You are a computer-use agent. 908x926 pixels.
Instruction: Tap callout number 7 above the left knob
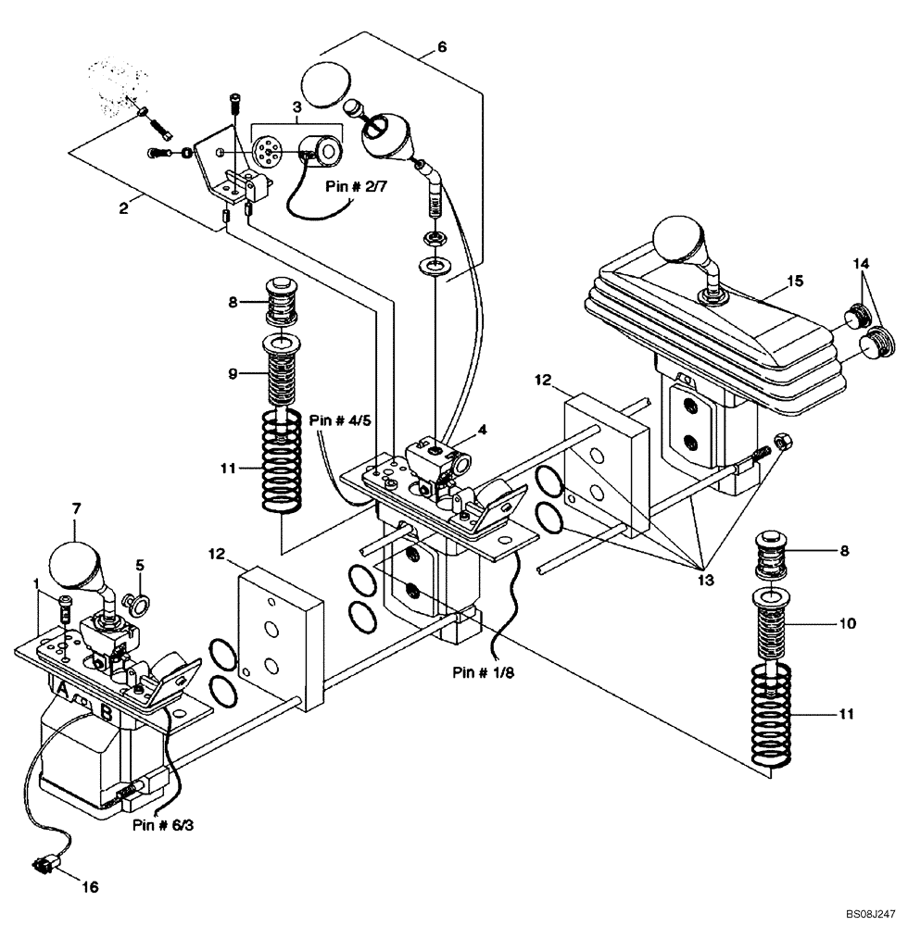76,508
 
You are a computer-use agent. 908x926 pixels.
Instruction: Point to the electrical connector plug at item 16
43,867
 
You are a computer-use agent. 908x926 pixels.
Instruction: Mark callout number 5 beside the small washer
139,564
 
